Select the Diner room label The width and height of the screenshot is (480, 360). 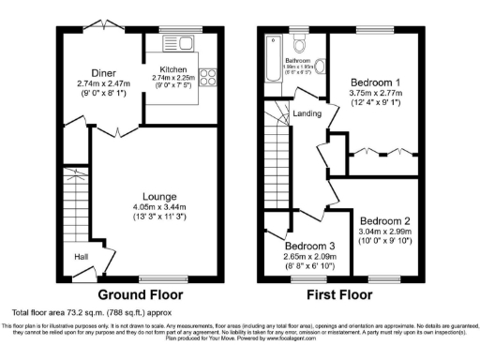click(x=103, y=73)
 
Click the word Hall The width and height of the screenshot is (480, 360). click(x=83, y=255)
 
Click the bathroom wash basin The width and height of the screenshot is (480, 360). click(x=320, y=65)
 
